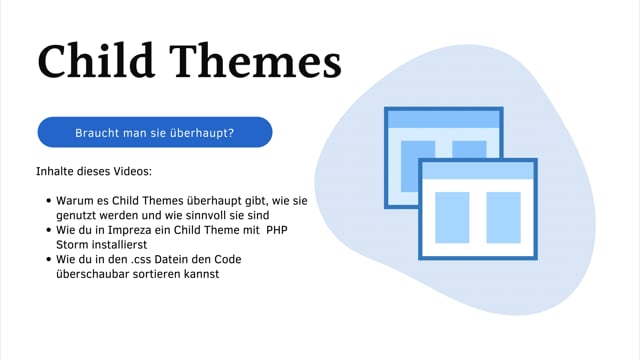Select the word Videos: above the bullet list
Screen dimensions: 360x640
(132, 172)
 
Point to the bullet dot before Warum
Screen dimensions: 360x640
(49, 201)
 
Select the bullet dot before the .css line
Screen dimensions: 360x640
(49, 260)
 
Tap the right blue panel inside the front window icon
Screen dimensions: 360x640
(503, 218)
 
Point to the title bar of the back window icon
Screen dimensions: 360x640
(443, 119)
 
